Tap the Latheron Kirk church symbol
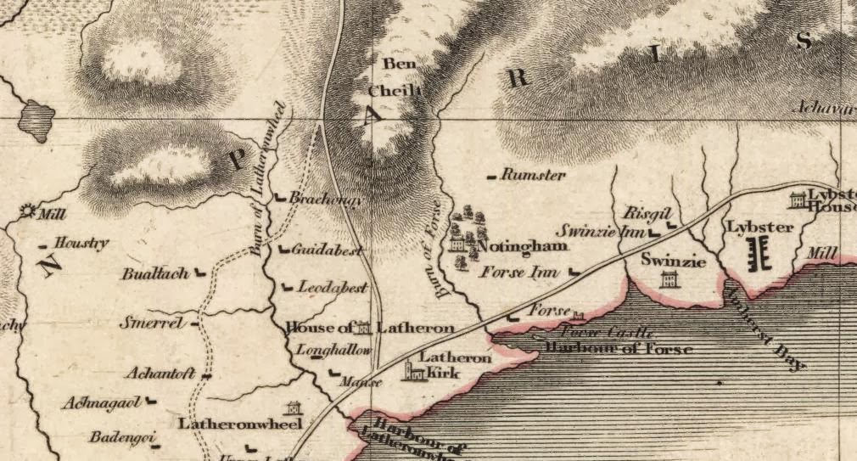click(413, 371)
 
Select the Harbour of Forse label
click(619, 349)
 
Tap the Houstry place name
click(81, 243)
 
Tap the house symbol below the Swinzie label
click(668, 279)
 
